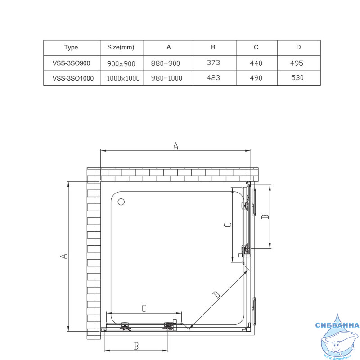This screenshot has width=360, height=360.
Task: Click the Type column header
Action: (x=71, y=48)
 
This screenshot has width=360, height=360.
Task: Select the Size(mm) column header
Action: (x=121, y=47)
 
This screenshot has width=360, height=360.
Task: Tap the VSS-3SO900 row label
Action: (x=72, y=63)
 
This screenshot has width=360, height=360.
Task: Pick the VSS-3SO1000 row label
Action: (x=73, y=78)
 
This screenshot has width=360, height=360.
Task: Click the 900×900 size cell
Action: (x=121, y=63)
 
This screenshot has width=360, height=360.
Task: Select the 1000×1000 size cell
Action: (x=123, y=78)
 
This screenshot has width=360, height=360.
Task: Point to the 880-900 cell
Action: (x=166, y=63)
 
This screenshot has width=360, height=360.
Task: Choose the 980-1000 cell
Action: (x=166, y=78)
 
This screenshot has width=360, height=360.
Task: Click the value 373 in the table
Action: (x=213, y=63)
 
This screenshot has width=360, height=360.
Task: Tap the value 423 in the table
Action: (x=213, y=77)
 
